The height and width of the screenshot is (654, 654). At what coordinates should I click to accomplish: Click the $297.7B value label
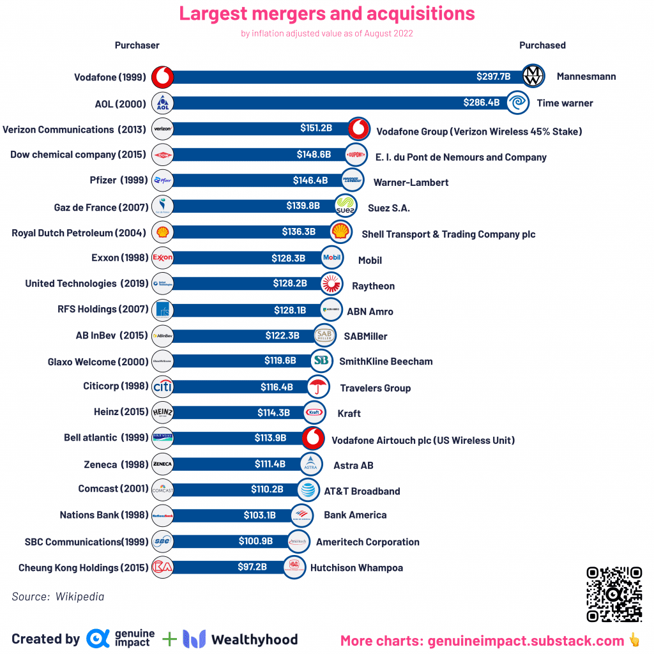point(493,77)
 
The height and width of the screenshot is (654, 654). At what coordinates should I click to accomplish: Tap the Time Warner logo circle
point(517,103)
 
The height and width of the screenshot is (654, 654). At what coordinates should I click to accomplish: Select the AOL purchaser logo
point(163,103)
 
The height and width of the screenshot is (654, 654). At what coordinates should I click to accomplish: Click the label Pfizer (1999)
point(118,181)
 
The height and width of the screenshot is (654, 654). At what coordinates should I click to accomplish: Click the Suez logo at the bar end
point(346,206)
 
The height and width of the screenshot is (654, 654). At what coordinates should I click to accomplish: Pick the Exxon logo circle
point(163,258)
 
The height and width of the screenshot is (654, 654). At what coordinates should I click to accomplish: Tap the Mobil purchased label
point(370,261)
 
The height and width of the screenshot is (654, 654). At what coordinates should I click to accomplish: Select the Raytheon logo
point(331,284)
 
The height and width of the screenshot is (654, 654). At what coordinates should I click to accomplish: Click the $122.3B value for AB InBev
point(282,335)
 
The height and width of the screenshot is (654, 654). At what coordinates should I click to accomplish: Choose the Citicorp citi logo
point(163,387)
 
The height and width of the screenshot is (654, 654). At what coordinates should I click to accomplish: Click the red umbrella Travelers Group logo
point(317,387)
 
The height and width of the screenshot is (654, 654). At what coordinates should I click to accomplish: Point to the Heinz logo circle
point(163,413)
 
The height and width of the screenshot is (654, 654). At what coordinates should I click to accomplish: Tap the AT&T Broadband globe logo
point(308,490)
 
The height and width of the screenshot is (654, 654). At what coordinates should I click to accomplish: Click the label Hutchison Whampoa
point(356,568)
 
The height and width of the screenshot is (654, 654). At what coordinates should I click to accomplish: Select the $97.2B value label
point(252,567)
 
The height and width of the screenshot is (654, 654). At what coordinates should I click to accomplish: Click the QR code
point(614,594)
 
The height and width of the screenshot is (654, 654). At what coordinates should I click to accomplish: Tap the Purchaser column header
point(137,45)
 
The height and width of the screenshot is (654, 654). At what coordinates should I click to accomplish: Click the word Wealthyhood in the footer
point(254,639)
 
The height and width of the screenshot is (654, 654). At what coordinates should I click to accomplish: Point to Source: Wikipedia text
point(57,597)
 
